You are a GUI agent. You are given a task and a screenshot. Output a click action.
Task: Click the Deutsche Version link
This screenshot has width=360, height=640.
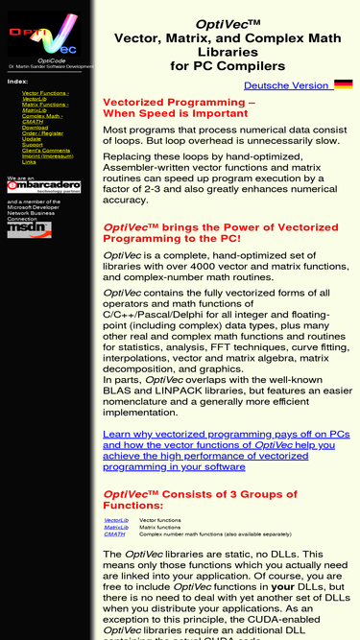[286, 85]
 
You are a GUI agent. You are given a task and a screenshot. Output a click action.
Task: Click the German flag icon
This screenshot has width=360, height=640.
[343, 85]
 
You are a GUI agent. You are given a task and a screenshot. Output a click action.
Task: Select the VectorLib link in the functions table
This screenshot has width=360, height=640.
[116, 519]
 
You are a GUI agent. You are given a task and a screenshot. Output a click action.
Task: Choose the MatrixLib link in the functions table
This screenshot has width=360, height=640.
[116, 527]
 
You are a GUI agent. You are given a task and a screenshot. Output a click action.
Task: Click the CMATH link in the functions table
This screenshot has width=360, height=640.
[114, 533]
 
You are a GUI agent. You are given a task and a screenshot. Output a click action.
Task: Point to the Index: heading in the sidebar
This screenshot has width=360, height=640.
[17, 82]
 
